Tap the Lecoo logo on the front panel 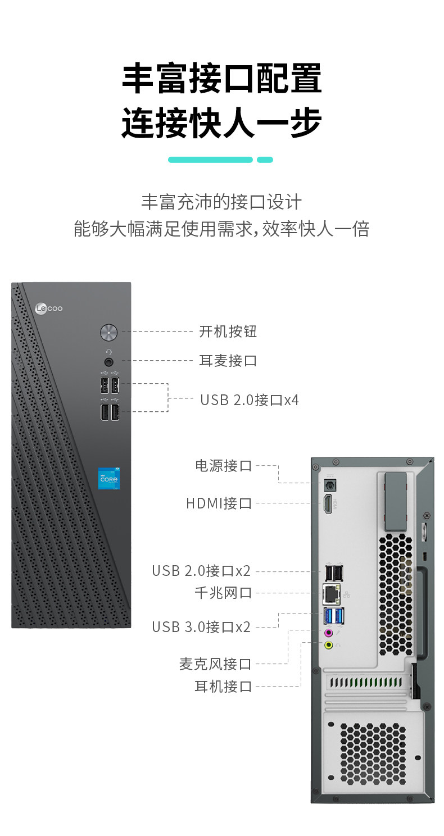click(49, 308)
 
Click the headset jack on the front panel click(109, 361)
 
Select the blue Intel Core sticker click(109, 478)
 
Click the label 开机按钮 click(228, 331)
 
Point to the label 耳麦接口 click(228, 361)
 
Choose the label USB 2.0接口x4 click(250, 400)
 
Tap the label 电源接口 click(223, 466)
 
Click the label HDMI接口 click(219, 503)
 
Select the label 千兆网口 click(223, 593)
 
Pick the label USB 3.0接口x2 click(201, 627)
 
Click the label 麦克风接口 click(215, 664)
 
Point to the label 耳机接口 click(223, 687)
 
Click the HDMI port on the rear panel click(328, 505)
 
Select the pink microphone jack click(329, 633)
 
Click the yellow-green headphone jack click(329, 645)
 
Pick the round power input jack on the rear click(328, 487)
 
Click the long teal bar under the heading click(210, 160)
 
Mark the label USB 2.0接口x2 click(201, 571)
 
